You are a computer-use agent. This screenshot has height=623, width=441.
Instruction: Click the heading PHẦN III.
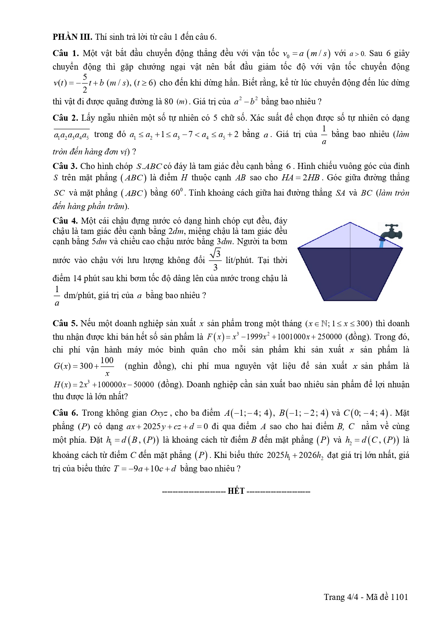[72, 37]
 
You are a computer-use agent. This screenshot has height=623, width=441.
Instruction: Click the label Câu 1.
[65, 54]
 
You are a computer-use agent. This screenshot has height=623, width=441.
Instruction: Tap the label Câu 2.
[65, 118]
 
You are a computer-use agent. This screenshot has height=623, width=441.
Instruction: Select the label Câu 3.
[65, 166]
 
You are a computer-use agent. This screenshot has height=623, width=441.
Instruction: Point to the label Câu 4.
[65, 221]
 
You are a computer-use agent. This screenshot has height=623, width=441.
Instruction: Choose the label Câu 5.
[65, 323]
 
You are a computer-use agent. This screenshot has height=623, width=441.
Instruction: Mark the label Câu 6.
[65, 413]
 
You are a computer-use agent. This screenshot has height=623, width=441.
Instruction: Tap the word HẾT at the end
[236, 491]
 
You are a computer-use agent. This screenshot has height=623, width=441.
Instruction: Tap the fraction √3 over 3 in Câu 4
[215, 260]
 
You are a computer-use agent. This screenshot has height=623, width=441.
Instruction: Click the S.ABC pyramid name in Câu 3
[149, 166]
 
